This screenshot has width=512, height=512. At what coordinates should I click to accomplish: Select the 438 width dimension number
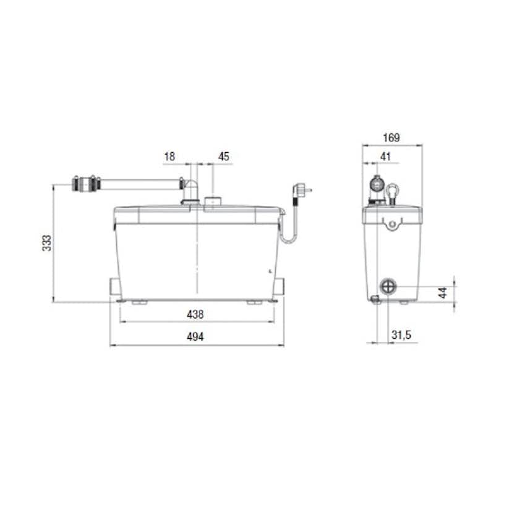coord(195,314)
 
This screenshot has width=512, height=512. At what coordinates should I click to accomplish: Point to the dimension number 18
coord(169,157)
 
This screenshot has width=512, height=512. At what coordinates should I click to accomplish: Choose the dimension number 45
coord(223,157)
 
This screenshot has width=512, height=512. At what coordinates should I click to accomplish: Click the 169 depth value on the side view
coord(391,138)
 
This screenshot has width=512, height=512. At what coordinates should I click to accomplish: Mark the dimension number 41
coord(386,157)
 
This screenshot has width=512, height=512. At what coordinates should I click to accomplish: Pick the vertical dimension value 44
coord(443,292)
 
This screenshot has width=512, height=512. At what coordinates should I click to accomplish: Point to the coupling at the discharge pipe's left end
coord(85,184)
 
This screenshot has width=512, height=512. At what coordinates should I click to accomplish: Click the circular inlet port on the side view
coord(389,287)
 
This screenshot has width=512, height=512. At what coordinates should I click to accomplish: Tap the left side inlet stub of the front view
coord(115,286)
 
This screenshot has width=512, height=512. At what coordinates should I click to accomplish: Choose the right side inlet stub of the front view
coord(280,286)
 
